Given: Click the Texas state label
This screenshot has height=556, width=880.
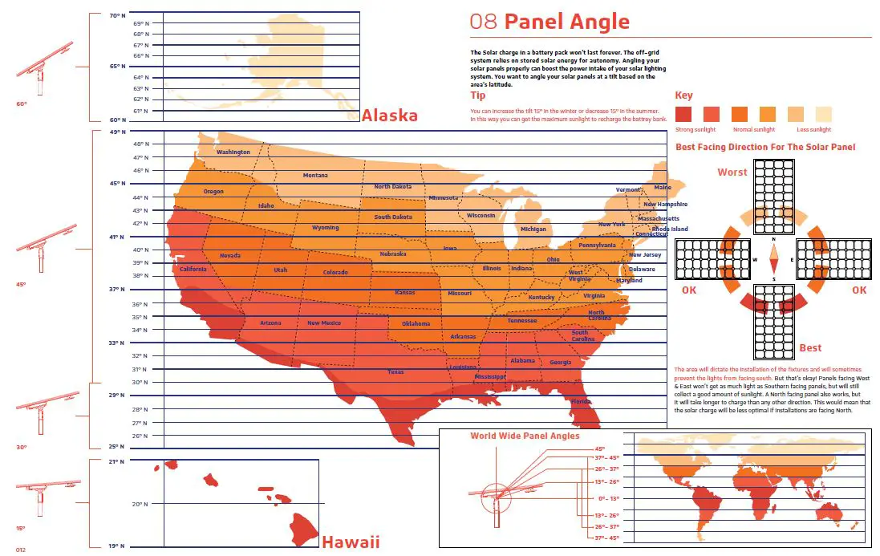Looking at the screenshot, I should click(395, 372).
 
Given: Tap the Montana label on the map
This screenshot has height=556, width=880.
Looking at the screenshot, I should click(314, 176).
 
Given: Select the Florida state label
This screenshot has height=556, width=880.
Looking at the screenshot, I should click(581, 401).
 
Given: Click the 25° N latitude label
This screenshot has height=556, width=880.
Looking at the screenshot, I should click(118, 446).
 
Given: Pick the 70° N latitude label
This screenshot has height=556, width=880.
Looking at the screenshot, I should click(118, 16).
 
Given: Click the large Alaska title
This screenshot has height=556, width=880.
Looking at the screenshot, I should click(389, 116).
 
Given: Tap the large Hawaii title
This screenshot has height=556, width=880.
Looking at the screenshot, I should click(351, 542).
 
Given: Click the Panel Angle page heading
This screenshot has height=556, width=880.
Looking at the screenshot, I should click(549, 22).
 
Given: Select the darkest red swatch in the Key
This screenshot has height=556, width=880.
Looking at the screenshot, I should click(683, 113).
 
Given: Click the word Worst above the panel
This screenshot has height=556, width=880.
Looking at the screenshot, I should click(732, 172).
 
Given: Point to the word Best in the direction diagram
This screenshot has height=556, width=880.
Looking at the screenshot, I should click(810, 347).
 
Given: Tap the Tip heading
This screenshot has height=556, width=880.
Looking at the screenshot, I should click(477, 95).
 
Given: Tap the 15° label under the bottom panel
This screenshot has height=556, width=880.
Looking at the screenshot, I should click(21, 528).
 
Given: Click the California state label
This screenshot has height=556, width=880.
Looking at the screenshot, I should click(193, 269).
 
